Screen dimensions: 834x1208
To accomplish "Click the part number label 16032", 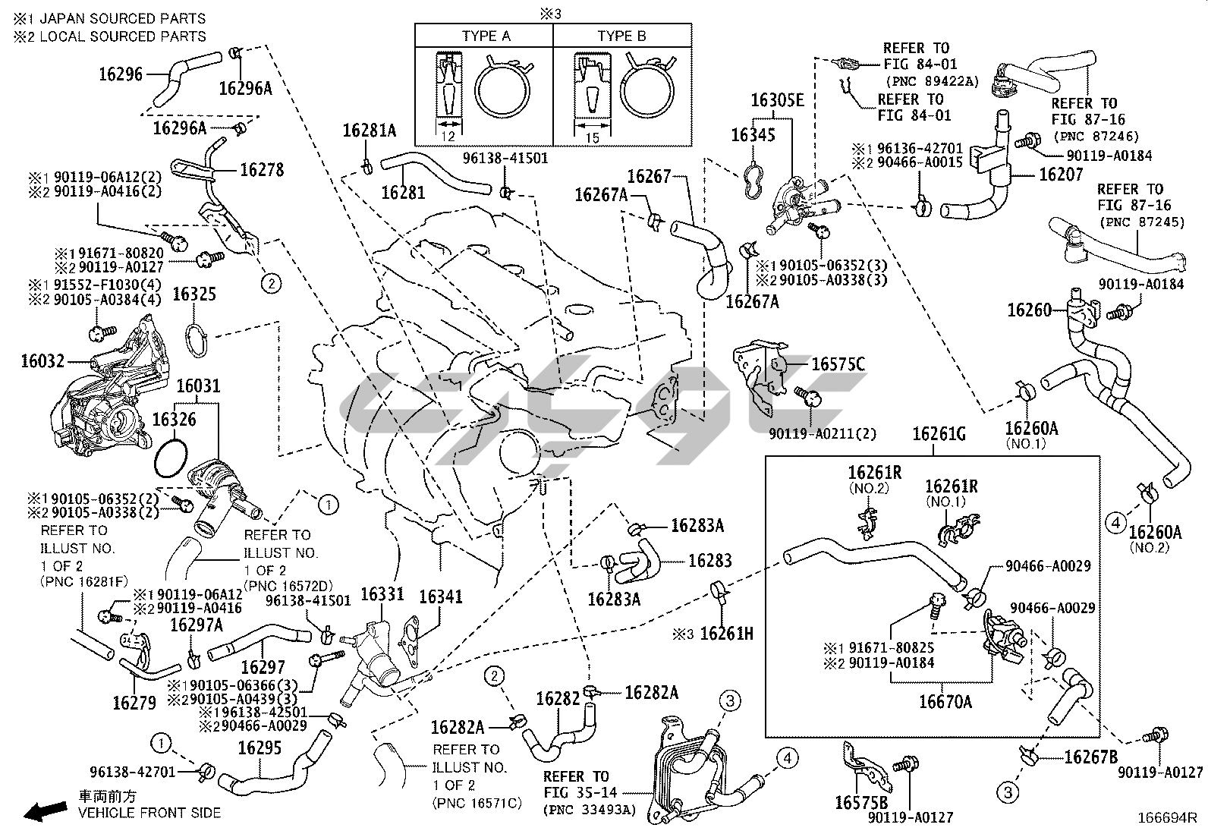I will coord(42,361).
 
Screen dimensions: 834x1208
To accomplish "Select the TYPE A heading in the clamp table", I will coord(486,36).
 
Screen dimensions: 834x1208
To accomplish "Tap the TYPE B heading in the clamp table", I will coord(621,36).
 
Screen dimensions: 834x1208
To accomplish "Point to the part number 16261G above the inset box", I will coord(939,434).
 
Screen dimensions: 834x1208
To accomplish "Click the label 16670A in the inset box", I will coord(945,701).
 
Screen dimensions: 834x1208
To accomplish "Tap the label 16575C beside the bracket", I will coord(838,365).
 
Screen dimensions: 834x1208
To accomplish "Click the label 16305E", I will coord(777,100).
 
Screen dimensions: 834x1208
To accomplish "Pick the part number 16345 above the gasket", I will coord(753,135).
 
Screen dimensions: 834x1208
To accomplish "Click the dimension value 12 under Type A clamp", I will coord(448,137).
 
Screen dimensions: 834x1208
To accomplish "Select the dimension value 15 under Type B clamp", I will coord(593,137).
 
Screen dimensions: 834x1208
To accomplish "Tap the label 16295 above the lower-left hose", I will coord(260,747).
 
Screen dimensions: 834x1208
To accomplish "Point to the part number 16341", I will coord(441,596).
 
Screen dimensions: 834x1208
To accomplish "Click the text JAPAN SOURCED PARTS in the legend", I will coord(122,17).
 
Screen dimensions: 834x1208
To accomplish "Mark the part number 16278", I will coord(262,170).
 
